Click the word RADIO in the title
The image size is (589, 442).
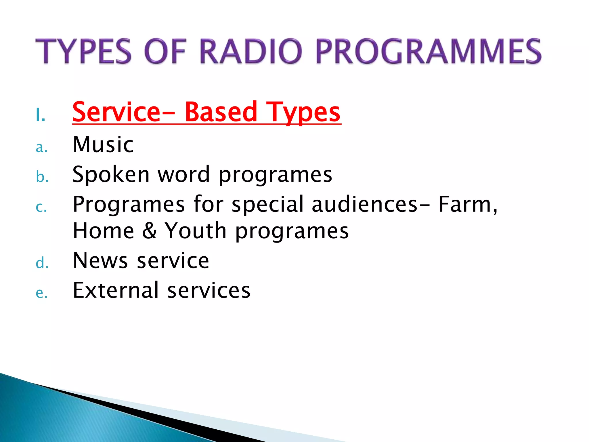pyautogui.click(x=251, y=52)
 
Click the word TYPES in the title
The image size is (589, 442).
pyautogui.click(x=83, y=52)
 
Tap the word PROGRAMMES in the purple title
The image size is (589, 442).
pyautogui.click(x=429, y=52)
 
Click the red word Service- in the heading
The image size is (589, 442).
pyautogui.click(x=124, y=112)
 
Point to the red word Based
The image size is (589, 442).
pyautogui.click(x=221, y=112)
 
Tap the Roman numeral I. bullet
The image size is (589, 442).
pyautogui.click(x=41, y=116)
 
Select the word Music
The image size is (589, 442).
pyautogui.click(x=103, y=144)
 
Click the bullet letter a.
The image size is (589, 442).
pyautogui.click(x=41, y=148)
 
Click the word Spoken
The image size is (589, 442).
pyautogui.click(x=111, y=175)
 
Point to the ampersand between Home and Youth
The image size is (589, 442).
pyautogui.click(x=150, y=231)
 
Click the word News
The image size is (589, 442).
pyautogui.click(x=100, y=261)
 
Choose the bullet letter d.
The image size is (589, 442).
pyautogui.click(x=42, y=263)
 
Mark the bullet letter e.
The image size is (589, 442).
pyautogui.click(x=41, y=294)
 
